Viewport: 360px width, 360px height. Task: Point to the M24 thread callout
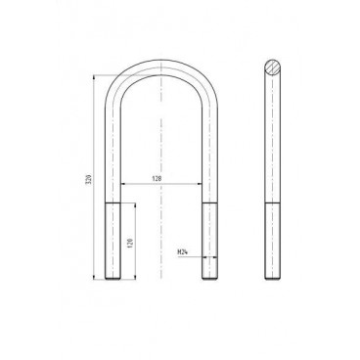tap(183, 252)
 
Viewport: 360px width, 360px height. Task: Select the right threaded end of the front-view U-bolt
tap(207, 241)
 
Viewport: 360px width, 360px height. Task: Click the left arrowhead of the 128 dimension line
tap(122, 184)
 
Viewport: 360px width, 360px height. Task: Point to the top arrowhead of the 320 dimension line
tap(98, 74)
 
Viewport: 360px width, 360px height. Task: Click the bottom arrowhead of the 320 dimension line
tap(98, 277)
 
